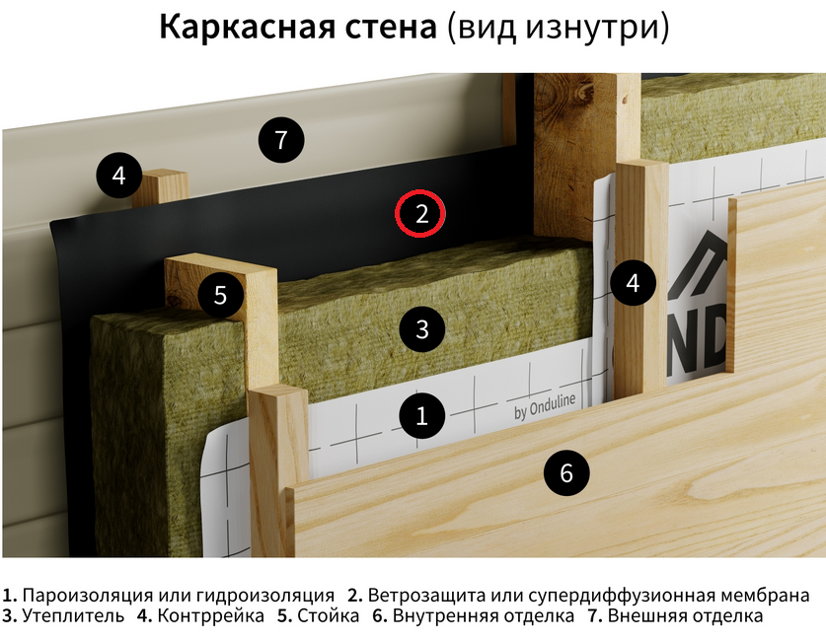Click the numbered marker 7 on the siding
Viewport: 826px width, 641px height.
tap(281, 139)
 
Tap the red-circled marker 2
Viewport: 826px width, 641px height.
tap(420, 214)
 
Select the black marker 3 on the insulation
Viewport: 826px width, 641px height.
tap(422, 329)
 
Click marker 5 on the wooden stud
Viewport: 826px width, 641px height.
tap(221, 295)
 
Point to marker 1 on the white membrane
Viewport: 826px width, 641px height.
tap(422, 416)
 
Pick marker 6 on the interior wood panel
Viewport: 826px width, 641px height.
tap(566, 472)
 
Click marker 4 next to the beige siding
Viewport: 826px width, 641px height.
tap(119, 175)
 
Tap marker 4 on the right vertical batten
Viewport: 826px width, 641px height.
tap(633, 283)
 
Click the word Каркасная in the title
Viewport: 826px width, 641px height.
tap(298, 27)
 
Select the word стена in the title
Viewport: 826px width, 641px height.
tap(391, 28)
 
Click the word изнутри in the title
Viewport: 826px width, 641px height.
tap(593, 28)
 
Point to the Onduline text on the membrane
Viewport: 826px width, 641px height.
tap(553, 403)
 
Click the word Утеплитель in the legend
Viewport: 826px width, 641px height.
tap(73, 615)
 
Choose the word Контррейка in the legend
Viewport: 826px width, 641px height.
tap(211, 615)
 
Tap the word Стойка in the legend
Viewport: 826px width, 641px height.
tap(329, 615)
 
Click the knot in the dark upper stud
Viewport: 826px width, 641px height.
tap(583, 93)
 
